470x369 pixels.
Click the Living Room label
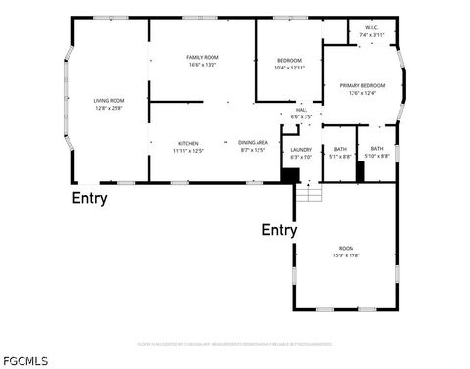(109, 100)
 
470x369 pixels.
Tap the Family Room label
(202, 58)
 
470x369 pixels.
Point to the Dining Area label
(254, 143)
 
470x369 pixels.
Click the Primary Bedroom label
(361, 86)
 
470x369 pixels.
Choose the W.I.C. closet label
(372, 27)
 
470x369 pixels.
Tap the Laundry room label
(301, 149)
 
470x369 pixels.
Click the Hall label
(302, 109)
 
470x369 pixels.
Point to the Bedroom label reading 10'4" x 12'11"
(289, 61)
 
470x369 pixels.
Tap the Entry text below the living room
(89, 199)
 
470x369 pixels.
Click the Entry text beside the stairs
(279, 230)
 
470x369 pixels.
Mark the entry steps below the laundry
(308, 192)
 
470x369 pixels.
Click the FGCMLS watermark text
(24, 361)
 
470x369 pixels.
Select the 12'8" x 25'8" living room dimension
(109, 108)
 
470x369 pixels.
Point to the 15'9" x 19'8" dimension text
(347, 255)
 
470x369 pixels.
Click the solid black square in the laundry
(290, 175)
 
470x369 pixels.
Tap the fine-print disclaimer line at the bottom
(234, 344)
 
